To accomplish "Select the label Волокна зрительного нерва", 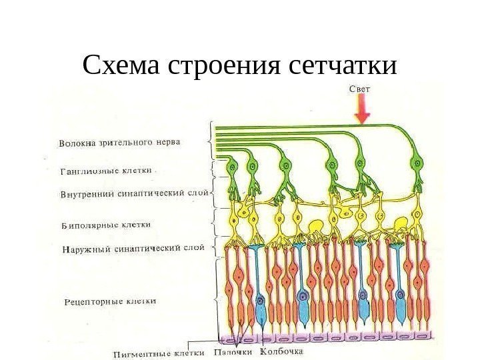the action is click(x=119, y=142).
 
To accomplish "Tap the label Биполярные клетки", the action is click(x=106, y=225).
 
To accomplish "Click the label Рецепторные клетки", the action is click(x=111, y=301).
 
